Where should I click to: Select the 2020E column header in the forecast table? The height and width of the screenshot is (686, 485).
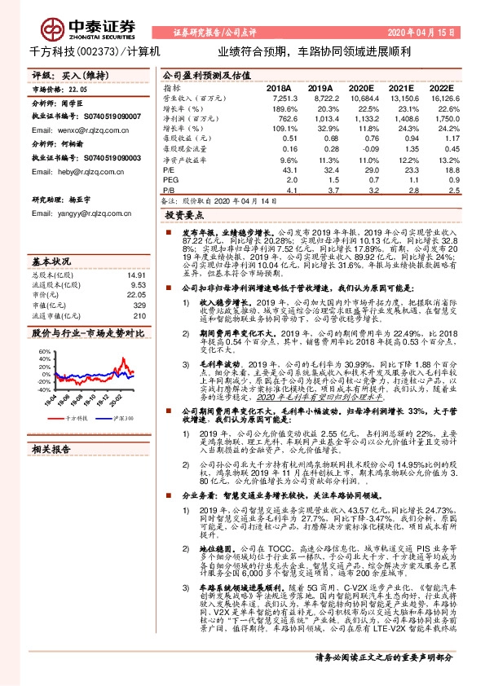[x=361, y=87]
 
